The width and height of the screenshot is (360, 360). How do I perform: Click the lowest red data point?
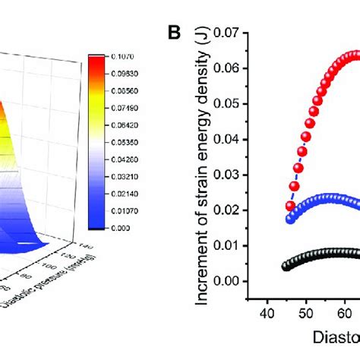click(289, 206)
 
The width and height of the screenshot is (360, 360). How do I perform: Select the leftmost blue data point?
click(289, 219)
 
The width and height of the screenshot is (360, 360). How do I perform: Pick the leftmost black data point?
click(286, 266)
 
